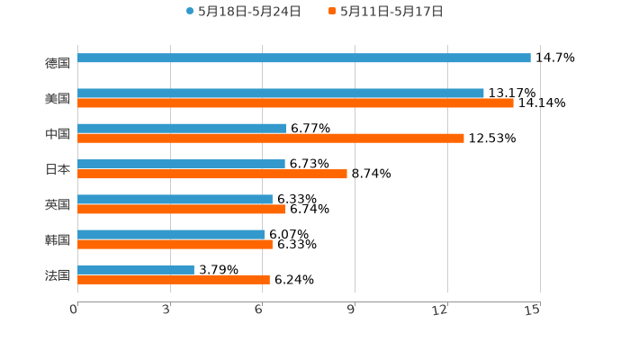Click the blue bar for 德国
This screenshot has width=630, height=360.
tap(304, 58)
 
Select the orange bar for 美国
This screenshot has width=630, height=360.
tap(295, 103)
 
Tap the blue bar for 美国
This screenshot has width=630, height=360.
tap(281, 93)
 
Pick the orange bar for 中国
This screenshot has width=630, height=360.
tap(271, 139)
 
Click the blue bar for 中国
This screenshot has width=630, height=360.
tap(182, 128)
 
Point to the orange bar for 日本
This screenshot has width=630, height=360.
tap(212, 174)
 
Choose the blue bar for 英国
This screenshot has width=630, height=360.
tap(175, 199)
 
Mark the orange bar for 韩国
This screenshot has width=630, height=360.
tap(175, 244)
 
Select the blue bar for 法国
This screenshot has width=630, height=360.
tap(136, 269)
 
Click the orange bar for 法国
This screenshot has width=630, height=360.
tap(174, 279)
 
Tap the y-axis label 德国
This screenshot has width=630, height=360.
tap(58, 63)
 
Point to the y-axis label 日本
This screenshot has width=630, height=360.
tap(58, 169)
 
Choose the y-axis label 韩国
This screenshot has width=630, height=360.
tap(58, 239)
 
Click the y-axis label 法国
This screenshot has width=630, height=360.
tap(58, 274)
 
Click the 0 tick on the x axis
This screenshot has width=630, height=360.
tap(75, 310)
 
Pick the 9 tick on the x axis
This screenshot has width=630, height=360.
tap(352, 310)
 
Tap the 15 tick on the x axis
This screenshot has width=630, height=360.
tap(533, 310)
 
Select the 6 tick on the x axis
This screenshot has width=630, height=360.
tap(259, 310)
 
